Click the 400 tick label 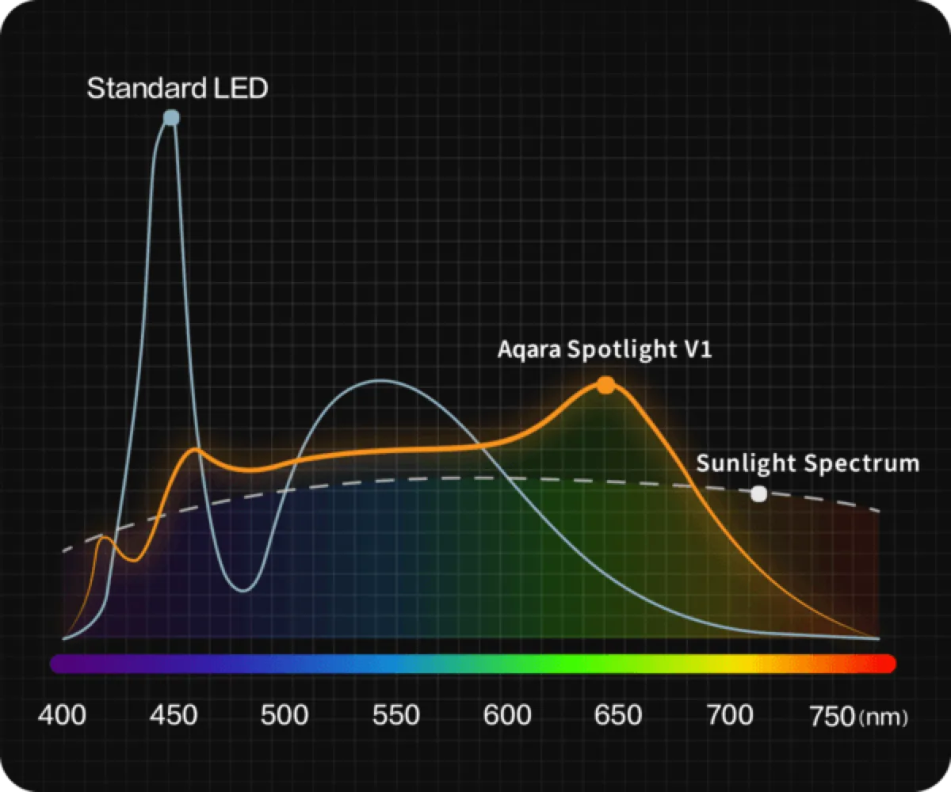pos(62,715)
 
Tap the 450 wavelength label pos(174,715)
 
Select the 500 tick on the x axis pos(285,715)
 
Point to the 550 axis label pos(395,715)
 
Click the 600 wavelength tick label pos(507,715)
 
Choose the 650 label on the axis pos(618,715)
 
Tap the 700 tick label pos(730,715)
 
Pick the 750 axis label pos(833,716)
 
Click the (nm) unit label pos(884,718)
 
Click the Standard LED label pos(178,88)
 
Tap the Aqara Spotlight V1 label pos(605,349)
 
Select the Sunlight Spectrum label pos(808,464)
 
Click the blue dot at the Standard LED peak pos(171,118)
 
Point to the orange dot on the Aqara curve pos(605,385)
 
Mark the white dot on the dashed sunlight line pos(758,494)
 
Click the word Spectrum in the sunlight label pos(861,464)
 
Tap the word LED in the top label pos(240,88)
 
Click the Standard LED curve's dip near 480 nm pos(244,591)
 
